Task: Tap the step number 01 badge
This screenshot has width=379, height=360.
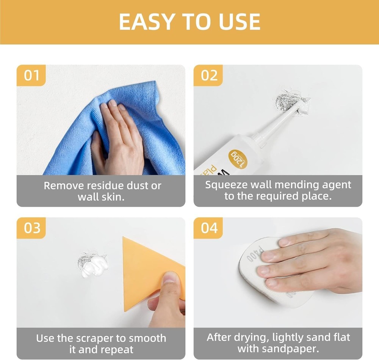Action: [x=31, y=75]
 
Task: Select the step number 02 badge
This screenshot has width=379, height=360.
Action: [x=208, y=75]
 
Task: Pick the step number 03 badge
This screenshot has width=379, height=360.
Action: [x=31, y=228]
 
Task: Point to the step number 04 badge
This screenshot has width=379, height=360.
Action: [x=208, y=228]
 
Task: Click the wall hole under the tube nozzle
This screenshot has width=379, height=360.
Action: [x=287, y=99]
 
